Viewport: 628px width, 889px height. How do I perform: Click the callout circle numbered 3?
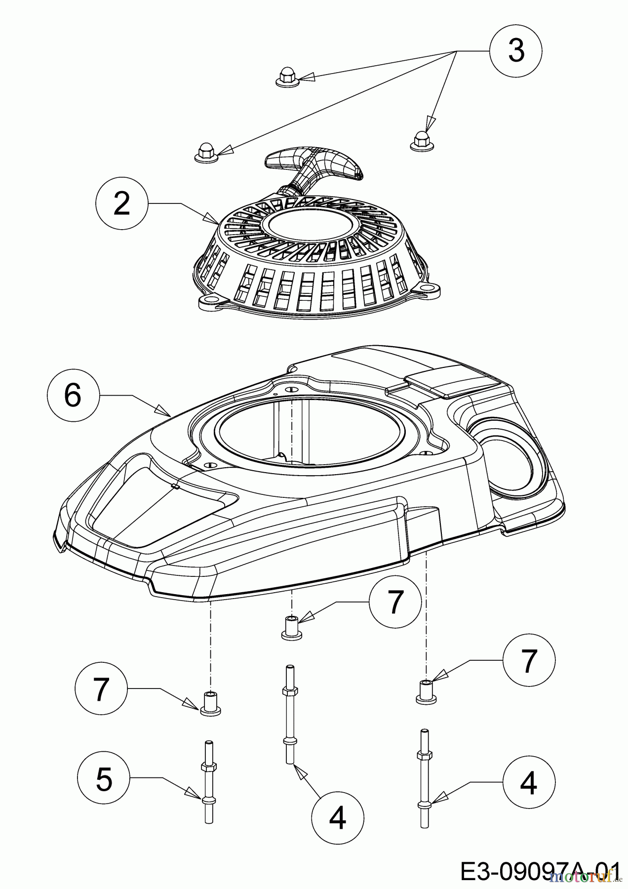[x=516, y=50]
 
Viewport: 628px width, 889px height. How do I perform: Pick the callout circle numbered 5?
[x=104, y=779]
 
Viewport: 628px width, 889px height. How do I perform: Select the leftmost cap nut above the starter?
[x=204, y=151]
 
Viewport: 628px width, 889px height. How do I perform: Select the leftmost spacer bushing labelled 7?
[x=210, y=703]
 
